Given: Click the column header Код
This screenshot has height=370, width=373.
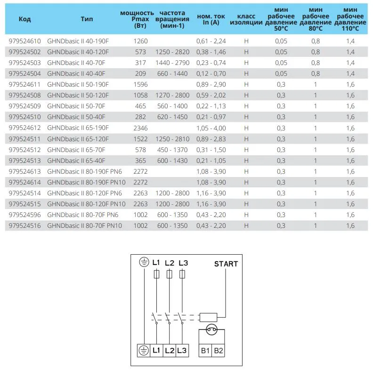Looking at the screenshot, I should [x=24, y=19].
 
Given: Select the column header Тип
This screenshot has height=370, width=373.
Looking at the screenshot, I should [x=87, y=19].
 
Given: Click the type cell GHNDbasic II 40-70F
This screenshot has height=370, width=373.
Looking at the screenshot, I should [x=77, y=63].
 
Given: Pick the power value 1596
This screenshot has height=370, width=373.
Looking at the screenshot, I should [x=140, y=84].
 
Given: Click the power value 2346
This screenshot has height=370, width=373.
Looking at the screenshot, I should [x=140, y=128].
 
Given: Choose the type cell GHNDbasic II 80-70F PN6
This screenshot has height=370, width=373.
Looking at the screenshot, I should [x=83, y=215].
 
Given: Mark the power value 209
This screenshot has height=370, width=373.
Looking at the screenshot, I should [x=140, y=73].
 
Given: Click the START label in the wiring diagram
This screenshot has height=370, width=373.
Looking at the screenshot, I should [x=226, y=264].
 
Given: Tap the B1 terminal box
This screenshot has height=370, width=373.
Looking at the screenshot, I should [x=206, y=350].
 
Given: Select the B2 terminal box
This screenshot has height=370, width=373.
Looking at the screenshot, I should [x=219, y=350].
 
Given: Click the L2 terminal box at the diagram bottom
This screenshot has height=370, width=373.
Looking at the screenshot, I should [x=170, y=350].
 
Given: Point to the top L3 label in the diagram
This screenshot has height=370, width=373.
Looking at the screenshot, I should [x=183, y=263].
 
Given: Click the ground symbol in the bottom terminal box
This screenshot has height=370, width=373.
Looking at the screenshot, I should [x=143, y=350].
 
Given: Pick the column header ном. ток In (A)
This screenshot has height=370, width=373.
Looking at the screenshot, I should [x=208, y=19].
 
